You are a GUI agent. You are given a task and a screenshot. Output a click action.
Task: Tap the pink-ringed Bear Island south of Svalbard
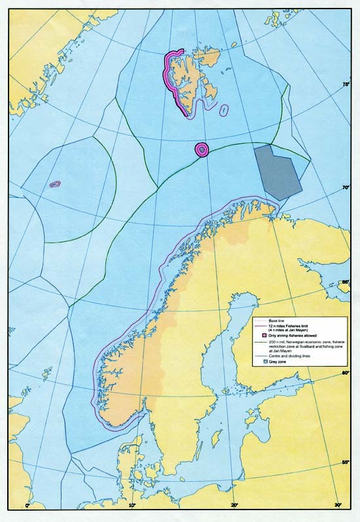coord(202,150)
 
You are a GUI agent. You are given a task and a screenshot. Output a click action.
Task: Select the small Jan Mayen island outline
coord(54,185)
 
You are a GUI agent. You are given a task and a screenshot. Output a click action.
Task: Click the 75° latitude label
coord(346,84)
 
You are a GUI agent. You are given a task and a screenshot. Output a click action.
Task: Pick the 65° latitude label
coord(346,282)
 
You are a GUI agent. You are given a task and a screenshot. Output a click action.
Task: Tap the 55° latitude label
coord(346,463)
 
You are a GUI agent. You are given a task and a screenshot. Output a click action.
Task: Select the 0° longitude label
coord(27,505)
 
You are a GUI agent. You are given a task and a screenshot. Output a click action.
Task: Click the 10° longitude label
coord(132,505)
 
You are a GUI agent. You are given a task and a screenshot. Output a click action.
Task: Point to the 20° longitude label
coord(235,505)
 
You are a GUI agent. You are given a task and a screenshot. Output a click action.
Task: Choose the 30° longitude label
coord(338,505)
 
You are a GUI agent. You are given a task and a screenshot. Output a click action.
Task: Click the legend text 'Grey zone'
coord(279,362)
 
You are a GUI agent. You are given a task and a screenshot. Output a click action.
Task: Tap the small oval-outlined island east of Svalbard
coord(225,110)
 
